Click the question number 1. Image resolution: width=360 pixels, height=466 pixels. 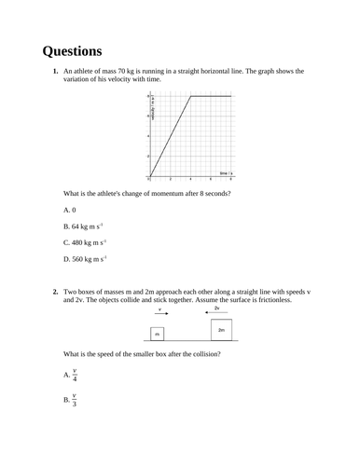click(x=56, y=72)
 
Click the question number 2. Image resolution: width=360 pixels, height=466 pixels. click(x=56, y=292)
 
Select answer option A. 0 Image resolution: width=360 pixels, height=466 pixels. click(x=69, y=211)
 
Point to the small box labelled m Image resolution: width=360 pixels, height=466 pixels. click(x=157, y=333)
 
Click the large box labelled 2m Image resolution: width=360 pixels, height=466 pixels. click(x=220, y=329)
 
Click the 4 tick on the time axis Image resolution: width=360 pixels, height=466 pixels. click(x=190, y=179)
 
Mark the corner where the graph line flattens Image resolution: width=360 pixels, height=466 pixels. click(x=190, y=95)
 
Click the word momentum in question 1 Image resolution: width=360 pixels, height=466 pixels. click(x=156, y=193)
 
